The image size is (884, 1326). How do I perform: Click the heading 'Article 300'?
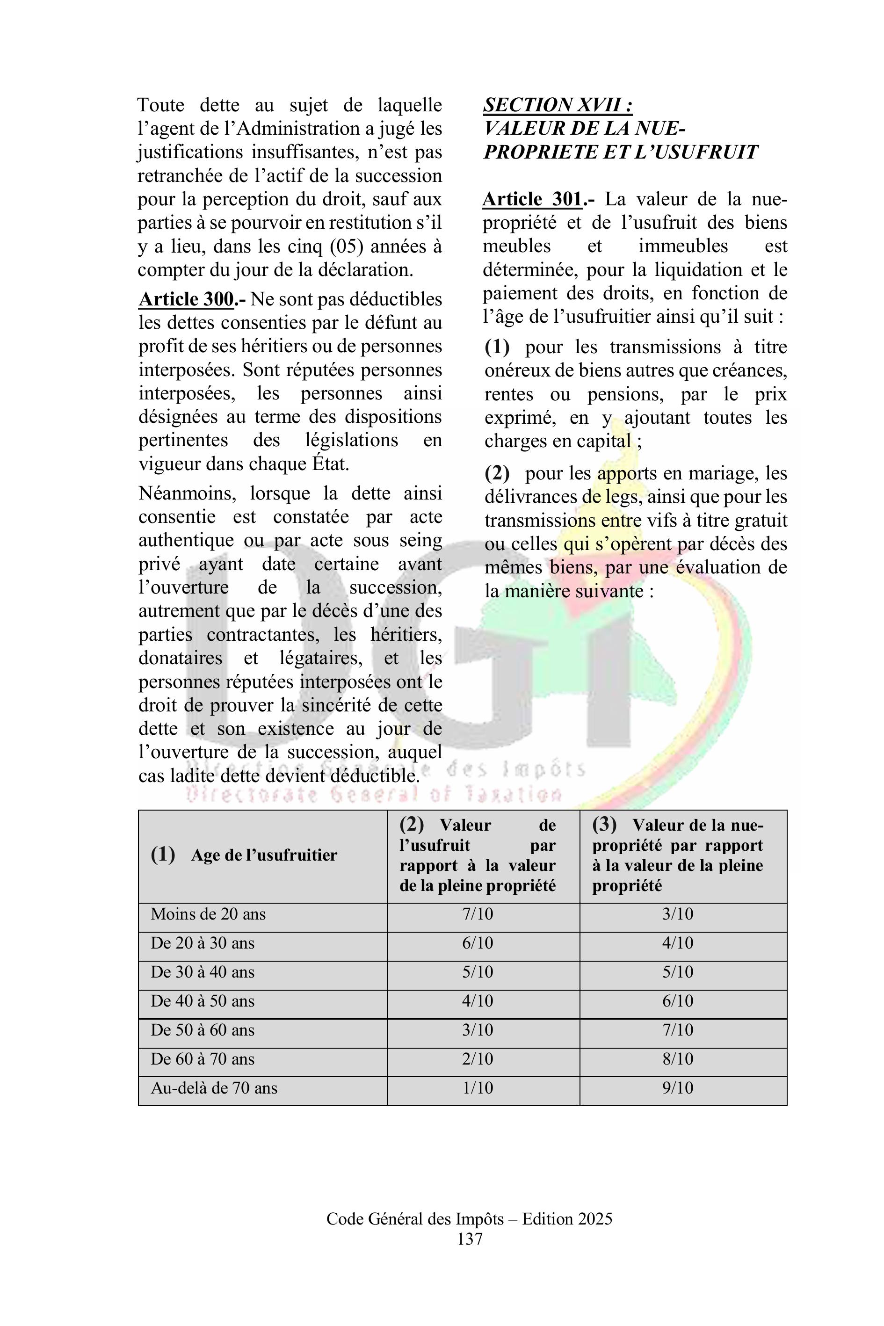point(186,299)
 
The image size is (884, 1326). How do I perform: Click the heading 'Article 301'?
point(532,199)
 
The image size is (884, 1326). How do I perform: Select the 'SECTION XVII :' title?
point(558,105)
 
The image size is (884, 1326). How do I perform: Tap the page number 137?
point(470,1239)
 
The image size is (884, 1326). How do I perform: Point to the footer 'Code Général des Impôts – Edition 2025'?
point(469,1219)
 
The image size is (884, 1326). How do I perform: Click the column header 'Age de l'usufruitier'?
point(263,855)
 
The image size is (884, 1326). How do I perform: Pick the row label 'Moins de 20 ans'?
point(208,914)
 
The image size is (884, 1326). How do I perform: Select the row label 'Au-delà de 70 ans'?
point(214,1087)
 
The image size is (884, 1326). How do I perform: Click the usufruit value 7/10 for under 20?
point(478,914)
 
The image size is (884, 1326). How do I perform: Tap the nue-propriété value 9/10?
point(678,1087)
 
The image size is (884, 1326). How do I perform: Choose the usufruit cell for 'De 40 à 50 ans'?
point(478,1001)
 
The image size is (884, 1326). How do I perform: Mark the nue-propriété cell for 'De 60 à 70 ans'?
point(678,1059)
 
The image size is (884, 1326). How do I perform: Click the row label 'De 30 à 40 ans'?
point(203,972)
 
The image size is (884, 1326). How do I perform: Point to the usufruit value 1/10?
point(478,1087)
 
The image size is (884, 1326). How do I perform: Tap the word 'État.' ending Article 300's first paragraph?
point(330,464)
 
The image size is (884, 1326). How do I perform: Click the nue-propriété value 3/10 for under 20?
point(678,914)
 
